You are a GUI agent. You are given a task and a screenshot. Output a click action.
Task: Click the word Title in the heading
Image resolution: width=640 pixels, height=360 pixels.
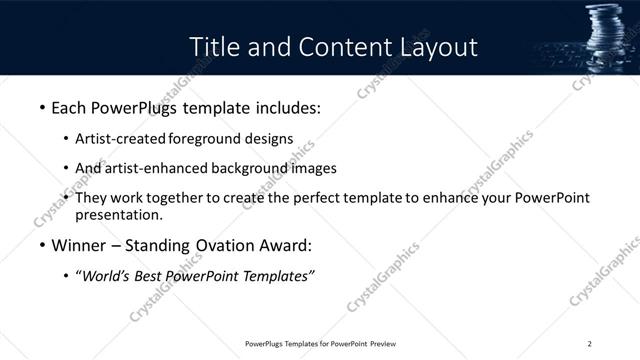pyautogui.click(x=214, y=47)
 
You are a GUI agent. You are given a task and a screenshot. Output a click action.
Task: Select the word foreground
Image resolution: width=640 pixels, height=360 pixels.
pyautogui.click(x=205, y=138)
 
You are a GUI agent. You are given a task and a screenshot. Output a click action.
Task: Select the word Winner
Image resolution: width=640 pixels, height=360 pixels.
pyautogui.click(x=78, y=245)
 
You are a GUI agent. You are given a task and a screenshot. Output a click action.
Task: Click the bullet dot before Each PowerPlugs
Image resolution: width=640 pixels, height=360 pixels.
pyautogui.click(x=41, y=106)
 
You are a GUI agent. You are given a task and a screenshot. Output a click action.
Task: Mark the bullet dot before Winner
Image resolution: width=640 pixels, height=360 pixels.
pyautogui.click(x=41, y=245)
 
